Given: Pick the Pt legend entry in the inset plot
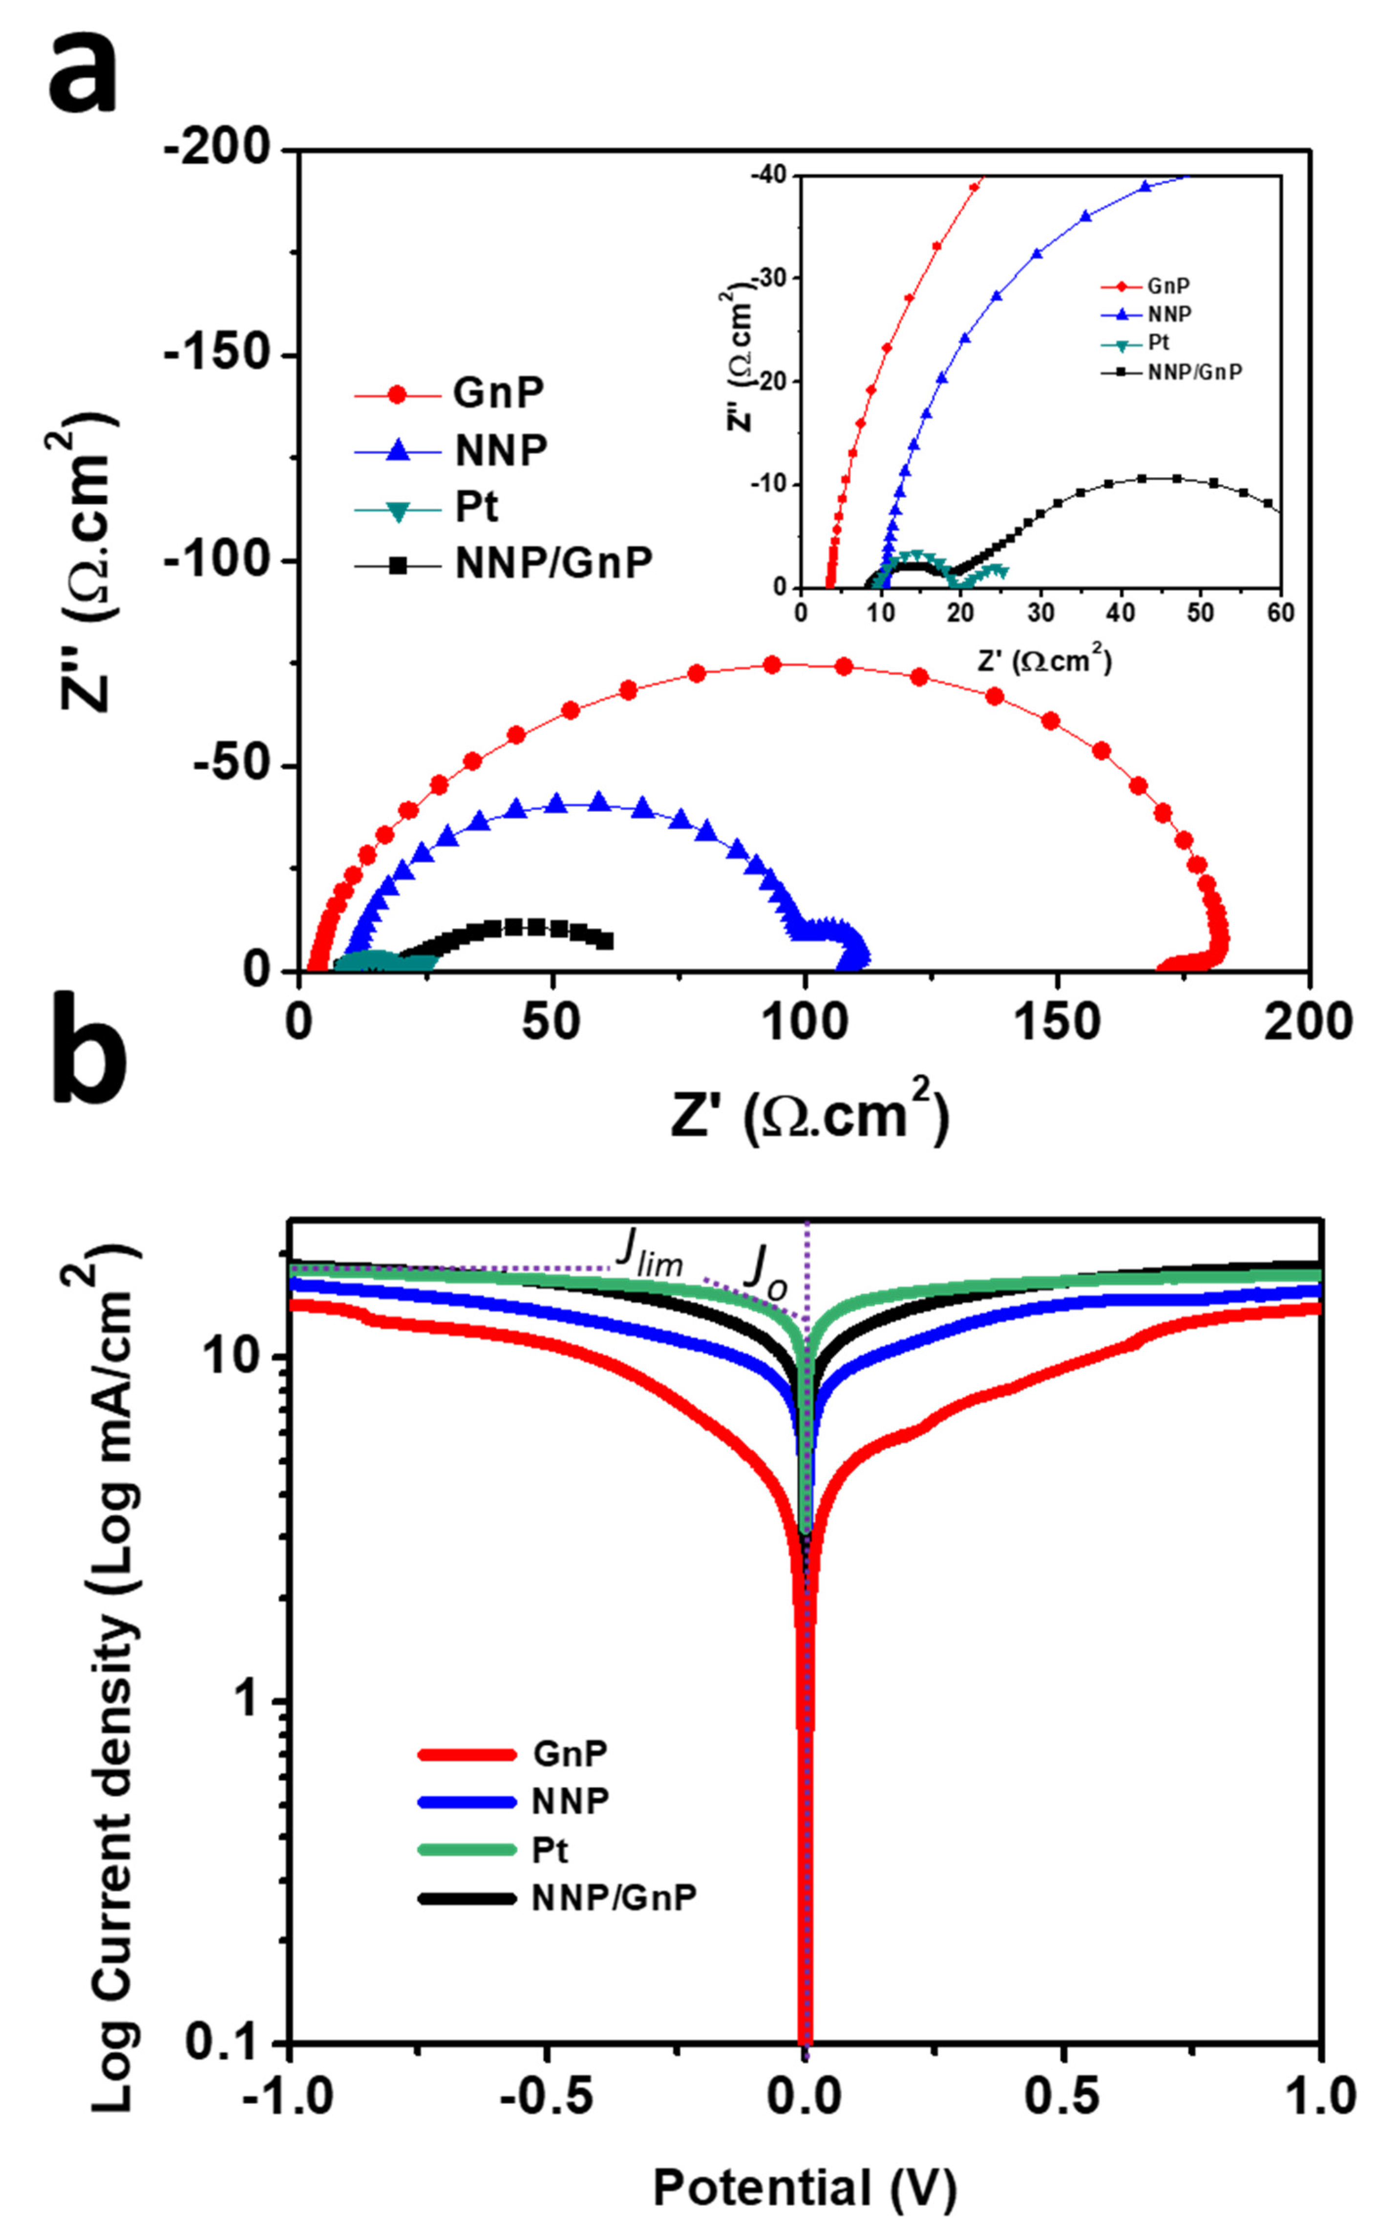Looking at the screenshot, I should [1158, 343].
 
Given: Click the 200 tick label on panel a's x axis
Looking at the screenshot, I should [1308, 1021].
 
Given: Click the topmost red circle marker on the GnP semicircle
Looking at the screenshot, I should [772, 665].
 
